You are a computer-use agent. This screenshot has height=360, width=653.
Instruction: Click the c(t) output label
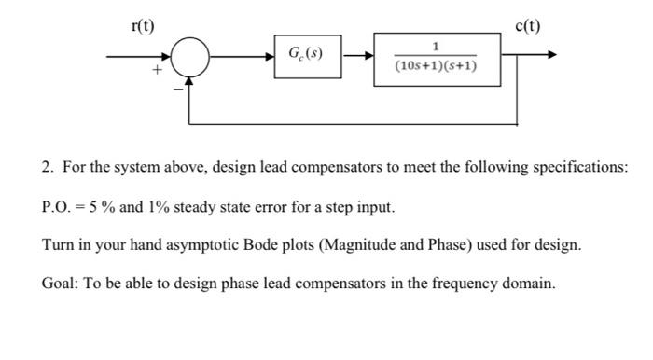[527, 25]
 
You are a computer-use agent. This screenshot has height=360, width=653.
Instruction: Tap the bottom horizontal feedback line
[354, 122]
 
